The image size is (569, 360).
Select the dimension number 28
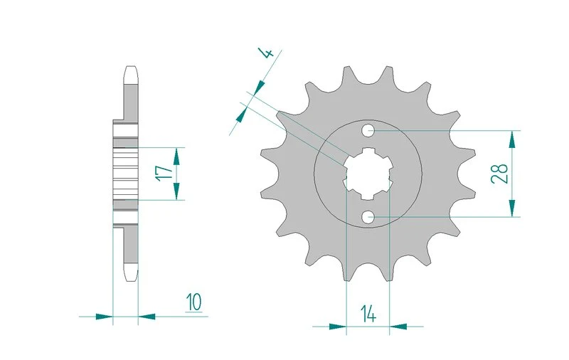[x=500, y=174]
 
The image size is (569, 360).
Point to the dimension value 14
[x=368, y=314]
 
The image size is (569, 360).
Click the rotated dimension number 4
[x=267, y=53]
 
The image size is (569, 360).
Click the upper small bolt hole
[x=368, y=130]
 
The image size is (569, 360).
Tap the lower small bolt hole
[x=368, y=217]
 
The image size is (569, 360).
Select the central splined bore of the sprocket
[x=368, y=174]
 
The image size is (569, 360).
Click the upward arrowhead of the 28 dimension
[x=512, y=139]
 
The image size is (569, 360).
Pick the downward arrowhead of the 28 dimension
[x=512, y=208]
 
